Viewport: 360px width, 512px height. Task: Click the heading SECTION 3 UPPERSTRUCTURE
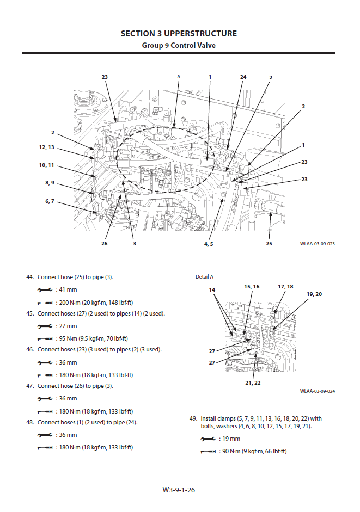[x=179, y=34]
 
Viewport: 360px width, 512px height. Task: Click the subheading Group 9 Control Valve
[x=179, y=45]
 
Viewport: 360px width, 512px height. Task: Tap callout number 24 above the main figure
[x=243, y=77]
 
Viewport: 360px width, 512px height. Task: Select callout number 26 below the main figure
[x=105, y=243]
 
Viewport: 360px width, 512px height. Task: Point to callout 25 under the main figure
[x=269, y=243]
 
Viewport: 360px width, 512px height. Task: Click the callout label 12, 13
[x=46, y=147]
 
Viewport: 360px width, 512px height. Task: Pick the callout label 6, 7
[x=50, y=201]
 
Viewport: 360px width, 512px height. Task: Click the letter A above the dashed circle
[x=178, y=77]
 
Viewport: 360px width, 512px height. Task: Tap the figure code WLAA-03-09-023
[x=317, y=244]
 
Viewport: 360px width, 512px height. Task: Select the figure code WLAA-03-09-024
[x=317, y=391]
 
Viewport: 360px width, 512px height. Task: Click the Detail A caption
[x=205, y=277]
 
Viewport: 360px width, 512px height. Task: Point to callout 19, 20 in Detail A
[x=314, y=294]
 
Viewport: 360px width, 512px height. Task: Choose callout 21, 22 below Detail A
[x=253, y=383]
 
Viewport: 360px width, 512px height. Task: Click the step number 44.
[x=30, y=277]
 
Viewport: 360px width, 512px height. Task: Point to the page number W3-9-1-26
[x=179, y=490]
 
